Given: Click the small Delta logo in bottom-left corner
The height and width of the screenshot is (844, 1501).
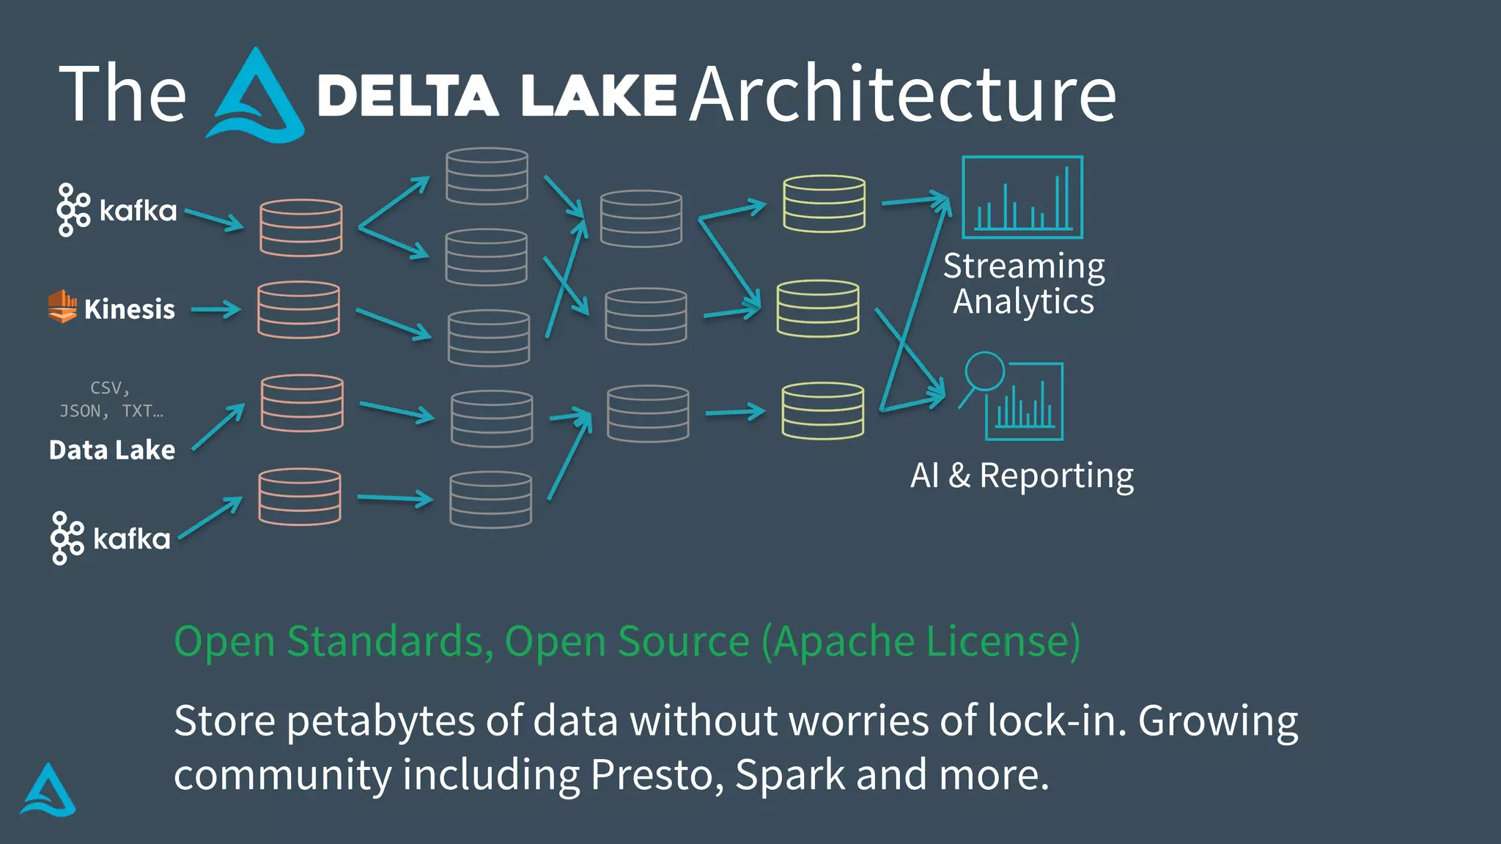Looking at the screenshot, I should tap(48, 791).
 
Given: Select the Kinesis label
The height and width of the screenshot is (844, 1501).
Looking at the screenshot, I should tap(129, 309).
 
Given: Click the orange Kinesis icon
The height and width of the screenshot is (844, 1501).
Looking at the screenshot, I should tap(62, 306).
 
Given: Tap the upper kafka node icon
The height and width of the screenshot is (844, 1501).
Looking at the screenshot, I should tap(73, 210).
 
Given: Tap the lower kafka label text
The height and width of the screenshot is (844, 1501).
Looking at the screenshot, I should tap(132, 539).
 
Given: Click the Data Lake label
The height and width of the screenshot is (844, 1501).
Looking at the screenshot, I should tap(112, 450).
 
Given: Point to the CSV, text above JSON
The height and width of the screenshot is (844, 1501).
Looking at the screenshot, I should tap(110, 388).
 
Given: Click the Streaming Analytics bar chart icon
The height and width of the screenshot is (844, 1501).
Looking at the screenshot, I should tap(1022, 197).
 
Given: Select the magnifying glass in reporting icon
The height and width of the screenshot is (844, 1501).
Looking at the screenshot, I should tap(983, 372).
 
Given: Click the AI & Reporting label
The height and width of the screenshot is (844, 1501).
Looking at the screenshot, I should tap(1022, 475).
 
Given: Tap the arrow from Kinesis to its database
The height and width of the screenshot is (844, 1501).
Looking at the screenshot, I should tap(216, 310).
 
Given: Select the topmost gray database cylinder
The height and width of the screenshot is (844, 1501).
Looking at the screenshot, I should tap(487, 176).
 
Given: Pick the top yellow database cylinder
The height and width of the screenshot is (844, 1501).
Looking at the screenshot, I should tap(824, 204).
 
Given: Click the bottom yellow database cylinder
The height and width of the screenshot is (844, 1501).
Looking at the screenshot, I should tap(822, 411).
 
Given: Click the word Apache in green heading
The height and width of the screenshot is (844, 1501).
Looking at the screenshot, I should tap(844, 642).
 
